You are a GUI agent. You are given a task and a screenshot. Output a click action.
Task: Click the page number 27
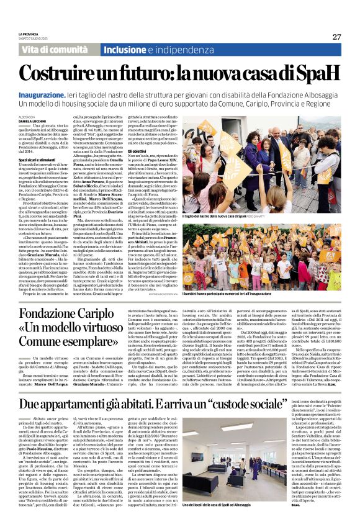click(x=336, y=37)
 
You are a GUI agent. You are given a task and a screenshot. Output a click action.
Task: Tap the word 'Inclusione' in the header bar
click(x=124, y=49)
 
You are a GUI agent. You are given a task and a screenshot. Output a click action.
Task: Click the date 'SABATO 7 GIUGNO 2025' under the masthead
click(x=32, y=41)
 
